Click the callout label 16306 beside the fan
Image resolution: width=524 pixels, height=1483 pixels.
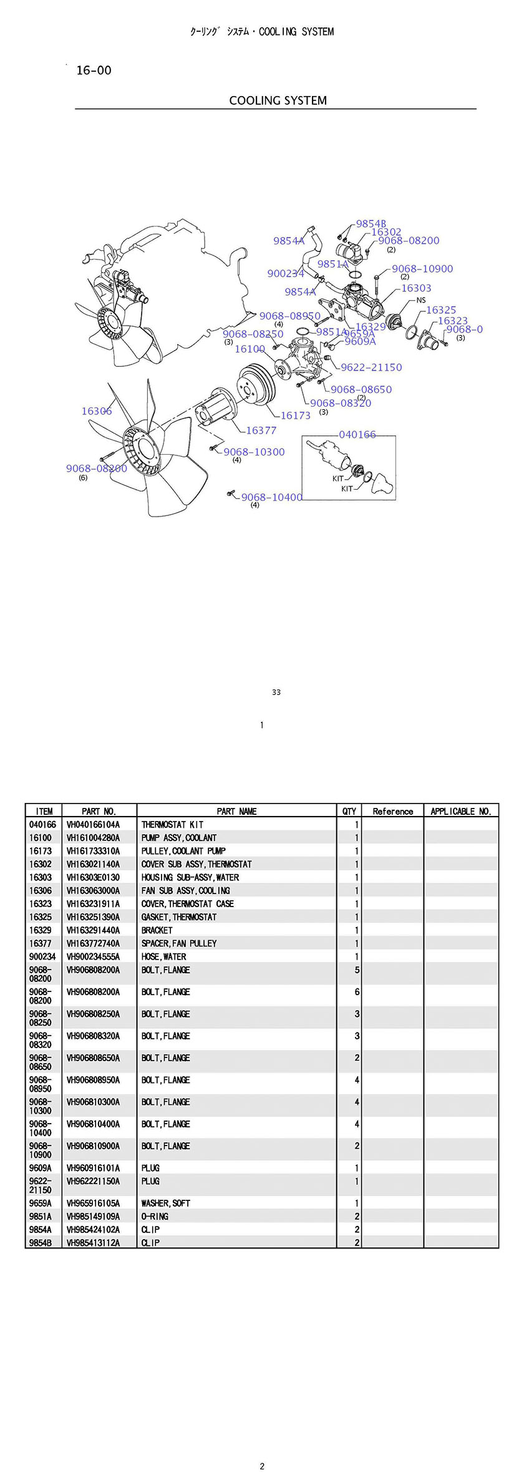click(x=97, y=411)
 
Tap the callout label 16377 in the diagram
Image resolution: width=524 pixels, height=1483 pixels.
click(x=261, y=430)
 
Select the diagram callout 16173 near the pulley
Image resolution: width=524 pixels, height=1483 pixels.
click(x=295, y=416)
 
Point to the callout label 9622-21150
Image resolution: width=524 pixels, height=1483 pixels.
click(x=371, y=367)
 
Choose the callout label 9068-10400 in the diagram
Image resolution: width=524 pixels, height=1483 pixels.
click(x=271, y=497)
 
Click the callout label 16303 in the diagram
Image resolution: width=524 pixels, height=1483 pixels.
click(x=416, y=288)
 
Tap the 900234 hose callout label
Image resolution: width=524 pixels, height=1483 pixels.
click(x=286, y=273)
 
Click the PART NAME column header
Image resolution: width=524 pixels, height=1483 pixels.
click(x=236, y=811)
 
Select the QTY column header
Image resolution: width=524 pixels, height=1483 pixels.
click(x=349, y=811)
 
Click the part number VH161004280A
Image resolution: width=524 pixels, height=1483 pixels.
click(x=93, y=838)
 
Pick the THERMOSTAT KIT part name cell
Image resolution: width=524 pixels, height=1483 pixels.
click(x=172, y=825)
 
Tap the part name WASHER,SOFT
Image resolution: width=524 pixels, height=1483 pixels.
click(x=165, y=1203)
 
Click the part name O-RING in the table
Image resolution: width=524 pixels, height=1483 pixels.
click(x=155, y=1216)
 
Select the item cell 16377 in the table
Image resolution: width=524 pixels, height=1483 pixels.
click(x=41, y=943)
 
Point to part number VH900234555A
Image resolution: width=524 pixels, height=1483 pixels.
click(x=93, y=956)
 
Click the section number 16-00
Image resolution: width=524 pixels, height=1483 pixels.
click(x=94, y=71)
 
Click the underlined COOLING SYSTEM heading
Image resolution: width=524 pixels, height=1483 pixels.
click(x=278, y=100)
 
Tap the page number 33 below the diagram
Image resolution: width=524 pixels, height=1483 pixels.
click(x=276, y=692)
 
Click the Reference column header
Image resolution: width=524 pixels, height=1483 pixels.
click(x=392, y=811)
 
